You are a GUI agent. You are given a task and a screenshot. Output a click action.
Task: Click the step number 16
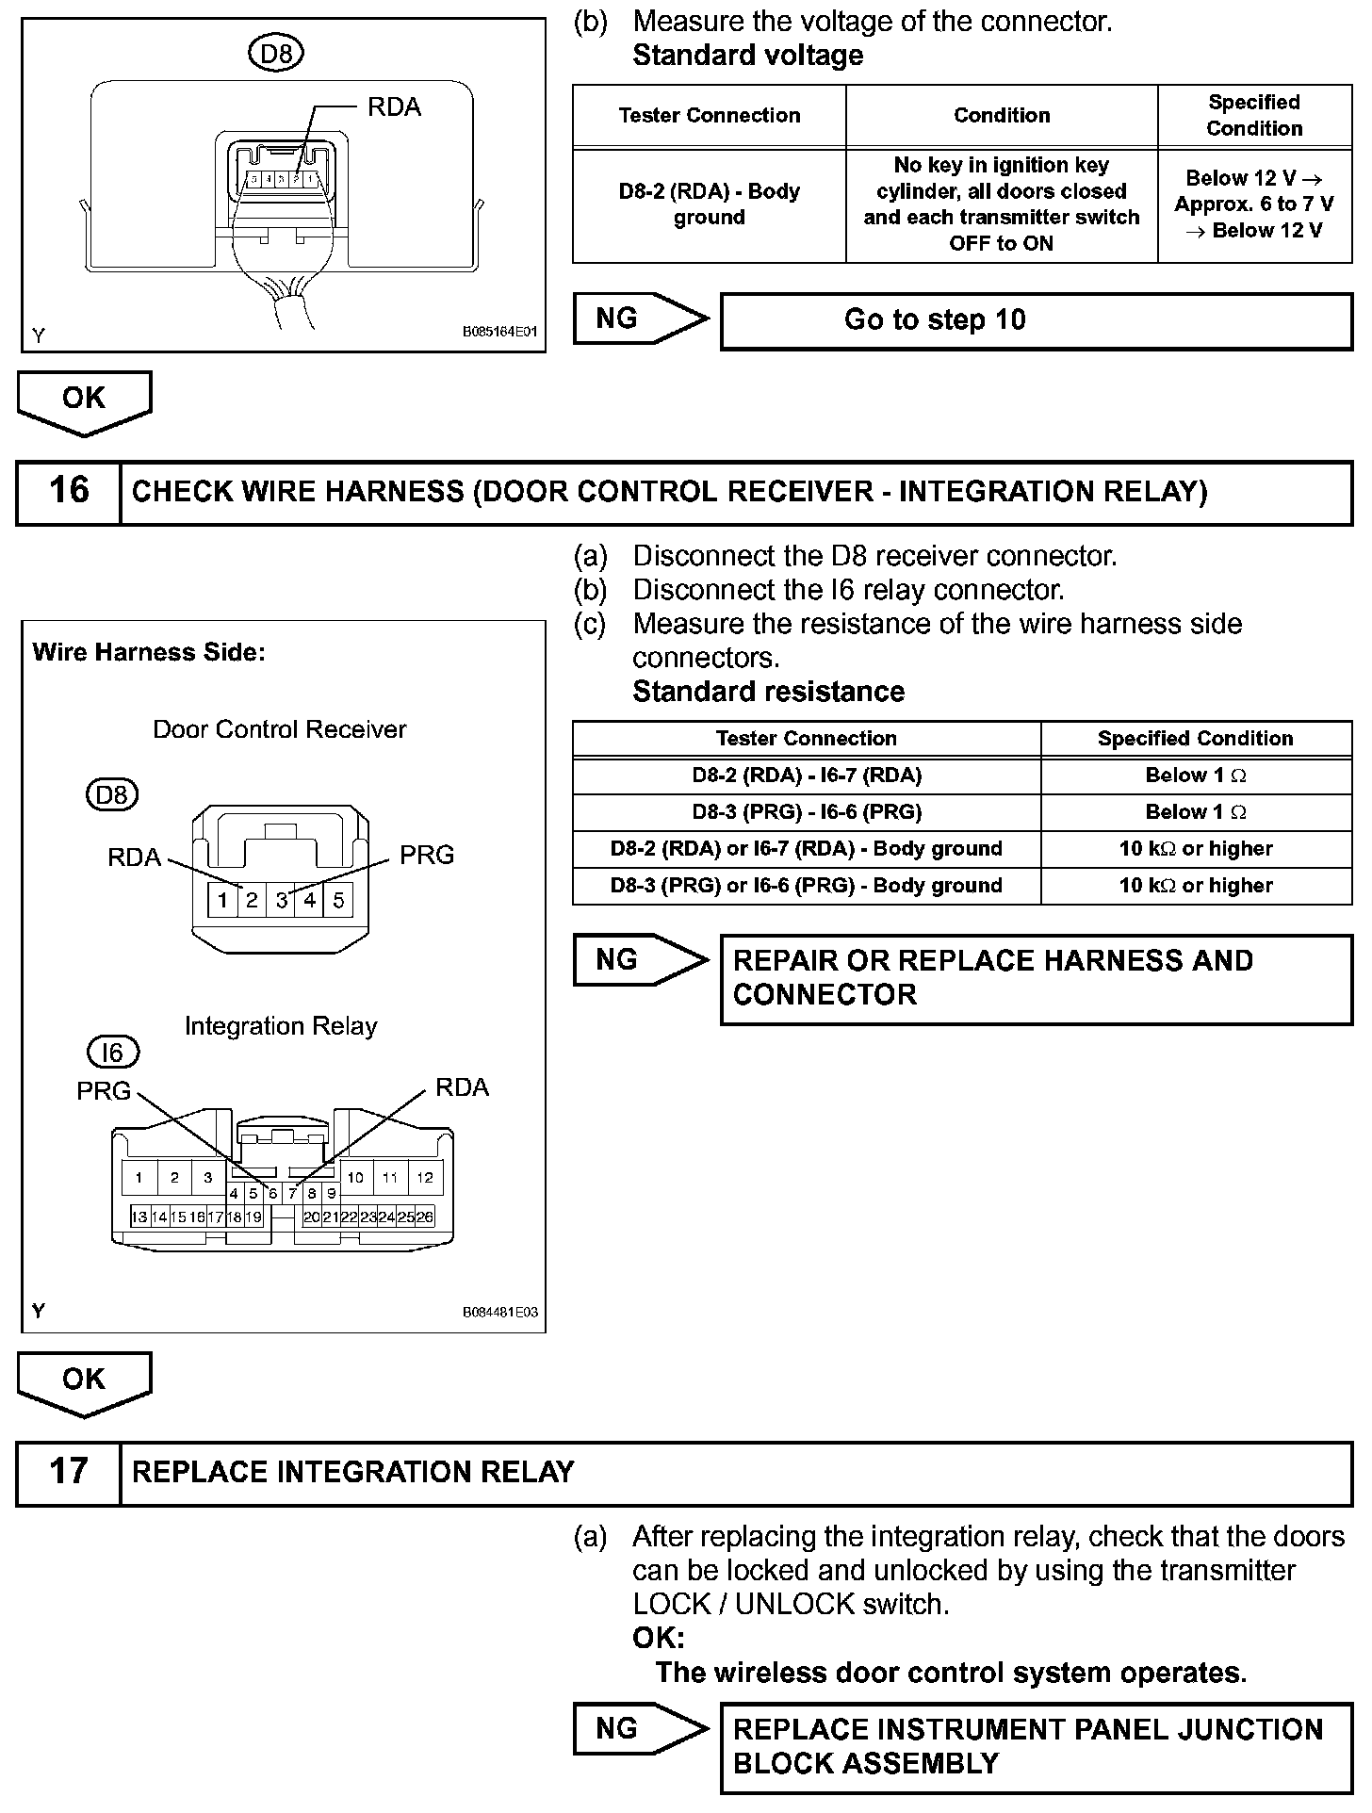click(x=69, y=491)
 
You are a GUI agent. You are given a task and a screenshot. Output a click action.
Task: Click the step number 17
click(x=69, y=1471)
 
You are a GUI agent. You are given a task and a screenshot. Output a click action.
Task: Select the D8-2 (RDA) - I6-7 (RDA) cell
click(x=807, y=776)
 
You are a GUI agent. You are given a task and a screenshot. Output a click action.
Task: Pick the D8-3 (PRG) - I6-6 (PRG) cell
click(x=807, y=812)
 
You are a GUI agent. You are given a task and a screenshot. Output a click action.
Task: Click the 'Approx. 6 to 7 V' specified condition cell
click(x=1253, y=204)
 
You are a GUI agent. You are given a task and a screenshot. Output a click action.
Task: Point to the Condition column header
click(x=1001, y=116)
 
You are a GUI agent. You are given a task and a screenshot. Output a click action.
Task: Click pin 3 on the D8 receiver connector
click(x=281, y=900)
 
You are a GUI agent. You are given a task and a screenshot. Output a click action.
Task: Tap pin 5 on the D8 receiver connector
click(x=338, y=900)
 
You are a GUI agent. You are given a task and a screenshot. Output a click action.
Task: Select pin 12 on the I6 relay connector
click(x=425, y=1177)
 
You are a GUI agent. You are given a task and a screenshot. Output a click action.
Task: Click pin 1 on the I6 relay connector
click(x=139, y=1177)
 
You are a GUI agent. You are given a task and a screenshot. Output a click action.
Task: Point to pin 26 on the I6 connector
click(x=426, y=1217)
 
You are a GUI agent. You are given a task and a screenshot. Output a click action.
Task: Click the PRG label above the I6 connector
click(x=104, y=1090)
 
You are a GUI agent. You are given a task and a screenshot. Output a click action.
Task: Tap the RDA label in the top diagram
click(x=394, y=107)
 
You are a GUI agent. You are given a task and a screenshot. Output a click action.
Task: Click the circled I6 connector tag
click(x=112, y=1052)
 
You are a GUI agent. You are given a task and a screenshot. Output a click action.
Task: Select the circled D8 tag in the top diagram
click(x=275, y=54)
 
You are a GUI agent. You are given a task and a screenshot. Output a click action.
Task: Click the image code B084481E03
click(x=499, y=1312)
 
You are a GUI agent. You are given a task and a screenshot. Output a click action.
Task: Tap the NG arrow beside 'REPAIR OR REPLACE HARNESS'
click(x=639, y=960)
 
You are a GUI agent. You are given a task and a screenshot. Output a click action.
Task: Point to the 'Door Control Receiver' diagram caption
click(x=280, y=729)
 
